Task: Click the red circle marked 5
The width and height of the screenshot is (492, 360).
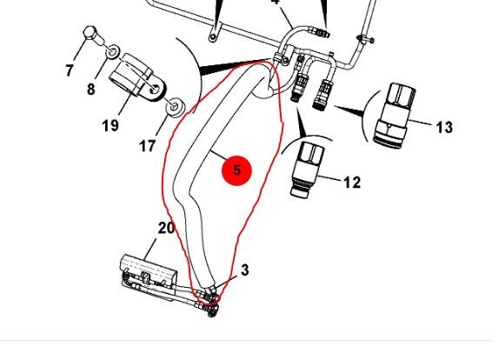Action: (x=237, y=170)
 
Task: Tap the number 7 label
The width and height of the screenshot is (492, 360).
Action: (x=70, y=70)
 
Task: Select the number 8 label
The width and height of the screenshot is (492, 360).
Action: (x=90, y=90)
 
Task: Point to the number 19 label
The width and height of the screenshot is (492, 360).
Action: (x=110, y=125)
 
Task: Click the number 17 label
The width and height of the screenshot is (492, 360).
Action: (x=148, y=146)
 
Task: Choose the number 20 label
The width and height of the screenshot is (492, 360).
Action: (x=166, y=228)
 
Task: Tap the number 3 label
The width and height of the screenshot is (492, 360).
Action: (x=245, y=270)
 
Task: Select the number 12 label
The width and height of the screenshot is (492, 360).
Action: (x=352, y=183)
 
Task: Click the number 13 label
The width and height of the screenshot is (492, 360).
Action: (x=444, y=128)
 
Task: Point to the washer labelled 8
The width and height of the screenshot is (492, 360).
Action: (x=112, y=51)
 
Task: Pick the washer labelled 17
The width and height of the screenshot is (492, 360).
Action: (x=175, y=107)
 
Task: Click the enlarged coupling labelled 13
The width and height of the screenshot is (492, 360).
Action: (x=395, y=115)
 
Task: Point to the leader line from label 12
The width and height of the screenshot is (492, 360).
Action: (x=329, y=178)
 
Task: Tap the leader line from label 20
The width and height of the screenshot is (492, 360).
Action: (x=150, y=250)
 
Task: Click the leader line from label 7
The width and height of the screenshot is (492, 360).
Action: (x=80, y=49)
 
